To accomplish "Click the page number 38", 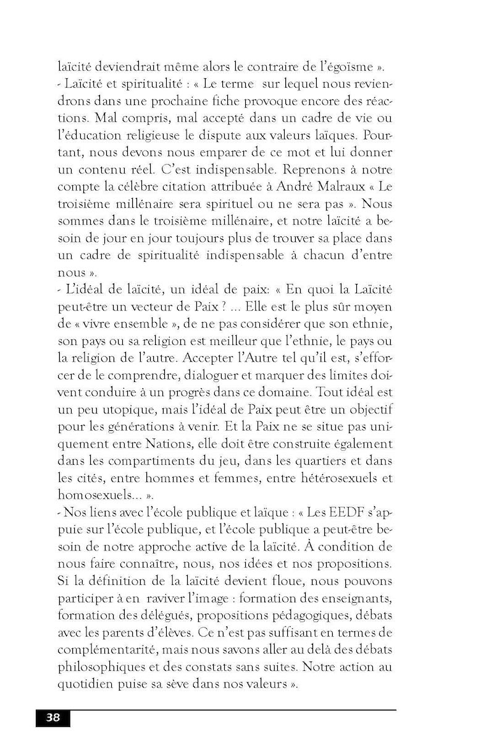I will (x=52, y=717).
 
